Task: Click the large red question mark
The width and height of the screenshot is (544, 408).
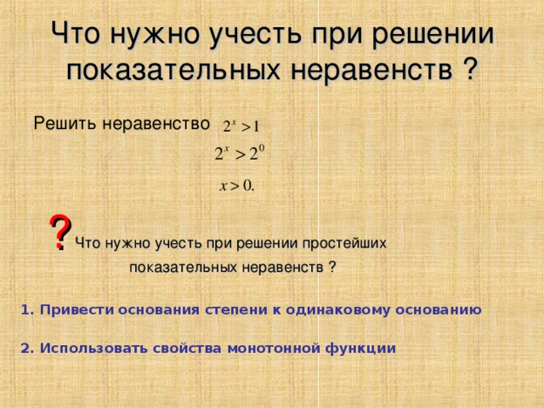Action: pos(59,232)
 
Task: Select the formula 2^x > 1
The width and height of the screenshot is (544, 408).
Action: pos(241,126)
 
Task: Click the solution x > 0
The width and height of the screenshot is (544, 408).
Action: pos(237,186)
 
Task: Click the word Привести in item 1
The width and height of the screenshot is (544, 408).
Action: pos(74,310)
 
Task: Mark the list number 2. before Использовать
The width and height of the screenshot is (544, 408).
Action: pos(26,348)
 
